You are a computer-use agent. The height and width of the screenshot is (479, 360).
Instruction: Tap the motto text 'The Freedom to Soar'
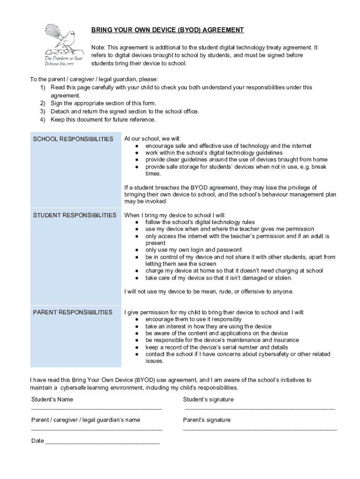tap(64, 58)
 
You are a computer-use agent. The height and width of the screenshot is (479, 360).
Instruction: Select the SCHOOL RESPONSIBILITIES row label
tap(73, 139)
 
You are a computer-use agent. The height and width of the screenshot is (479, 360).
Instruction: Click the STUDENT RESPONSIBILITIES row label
tap(75, 215)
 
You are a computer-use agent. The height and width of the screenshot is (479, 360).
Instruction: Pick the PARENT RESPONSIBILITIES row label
tap(72, 312)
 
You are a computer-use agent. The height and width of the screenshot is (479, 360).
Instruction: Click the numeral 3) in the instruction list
tap(42, 111)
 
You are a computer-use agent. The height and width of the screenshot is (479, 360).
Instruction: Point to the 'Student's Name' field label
tap(52, 399)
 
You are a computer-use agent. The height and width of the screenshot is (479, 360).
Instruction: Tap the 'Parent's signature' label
tap(207, 420)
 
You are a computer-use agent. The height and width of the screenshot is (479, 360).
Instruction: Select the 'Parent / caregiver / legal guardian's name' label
tap(86, 420)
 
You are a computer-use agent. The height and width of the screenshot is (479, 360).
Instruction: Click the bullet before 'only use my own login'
tap(137, 250)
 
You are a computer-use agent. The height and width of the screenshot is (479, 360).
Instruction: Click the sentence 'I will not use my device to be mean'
tap(209, 291)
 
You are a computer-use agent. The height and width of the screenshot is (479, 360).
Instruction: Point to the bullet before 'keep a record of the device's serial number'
tap(137, 348)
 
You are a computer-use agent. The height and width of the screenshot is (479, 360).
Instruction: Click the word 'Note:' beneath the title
tap(98, 48)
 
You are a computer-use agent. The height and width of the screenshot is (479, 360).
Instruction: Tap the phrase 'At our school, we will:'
tap(152, 139)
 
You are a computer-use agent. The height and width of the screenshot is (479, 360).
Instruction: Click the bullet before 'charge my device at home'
tap(137, 271)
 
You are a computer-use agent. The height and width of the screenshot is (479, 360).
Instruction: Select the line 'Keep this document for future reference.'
tap(103, 120)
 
